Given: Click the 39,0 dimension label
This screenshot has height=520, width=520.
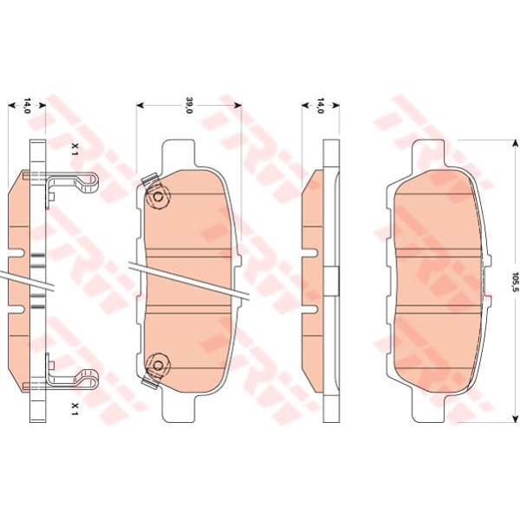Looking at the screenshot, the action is pos(189,105).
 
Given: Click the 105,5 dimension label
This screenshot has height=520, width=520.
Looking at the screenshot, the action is pos(515,281).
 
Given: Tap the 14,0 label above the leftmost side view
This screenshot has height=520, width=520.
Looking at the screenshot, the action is pos(27,106).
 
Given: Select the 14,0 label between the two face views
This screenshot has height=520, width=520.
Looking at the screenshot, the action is pos(320,106).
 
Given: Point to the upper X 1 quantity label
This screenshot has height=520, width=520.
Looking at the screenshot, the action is pos(75,150).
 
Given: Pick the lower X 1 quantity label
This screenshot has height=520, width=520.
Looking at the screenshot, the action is pos(75,409).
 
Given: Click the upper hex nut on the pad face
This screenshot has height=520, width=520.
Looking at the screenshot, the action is pos(159,198).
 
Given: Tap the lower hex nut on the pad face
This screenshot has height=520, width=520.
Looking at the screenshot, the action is pos(159,365).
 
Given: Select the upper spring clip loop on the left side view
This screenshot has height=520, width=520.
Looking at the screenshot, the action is pos(89,183).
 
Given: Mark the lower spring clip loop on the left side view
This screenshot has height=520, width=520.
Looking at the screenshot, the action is pos(89,379).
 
